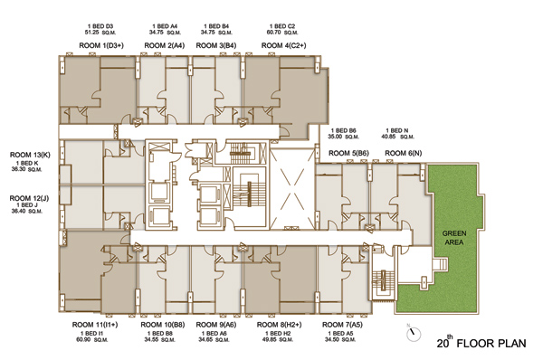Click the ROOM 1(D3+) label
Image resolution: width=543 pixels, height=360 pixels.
point(101,45)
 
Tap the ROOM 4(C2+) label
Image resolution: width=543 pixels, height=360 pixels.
point(283,45)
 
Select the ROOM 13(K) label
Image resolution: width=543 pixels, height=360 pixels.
point(30,155)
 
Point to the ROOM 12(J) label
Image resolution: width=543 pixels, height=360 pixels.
point(29,198)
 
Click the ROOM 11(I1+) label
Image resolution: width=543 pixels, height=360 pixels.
point(95,325)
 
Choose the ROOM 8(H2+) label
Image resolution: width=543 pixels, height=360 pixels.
point(279,325)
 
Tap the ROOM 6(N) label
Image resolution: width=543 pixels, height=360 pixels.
point(403,153)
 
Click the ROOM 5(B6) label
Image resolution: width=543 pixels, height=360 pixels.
point(348,153)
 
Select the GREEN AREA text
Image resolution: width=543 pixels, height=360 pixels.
point(454,238)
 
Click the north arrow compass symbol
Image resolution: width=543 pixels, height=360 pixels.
point(414,334)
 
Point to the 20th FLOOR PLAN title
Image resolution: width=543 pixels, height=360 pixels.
point(481,342)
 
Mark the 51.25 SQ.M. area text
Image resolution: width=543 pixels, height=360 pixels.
point(100,33)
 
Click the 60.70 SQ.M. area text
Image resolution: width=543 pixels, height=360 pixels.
point(282,33)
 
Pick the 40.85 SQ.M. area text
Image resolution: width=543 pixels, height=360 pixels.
point(397,137)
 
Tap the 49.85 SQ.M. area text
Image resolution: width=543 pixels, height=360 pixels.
point(278,339)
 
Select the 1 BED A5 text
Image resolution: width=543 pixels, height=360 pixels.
point(340,334)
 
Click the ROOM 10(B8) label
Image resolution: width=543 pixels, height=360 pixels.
point(163,325)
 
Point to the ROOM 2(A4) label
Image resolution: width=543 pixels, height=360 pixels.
point(165,45)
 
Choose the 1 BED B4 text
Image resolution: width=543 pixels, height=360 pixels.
point(216,26)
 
